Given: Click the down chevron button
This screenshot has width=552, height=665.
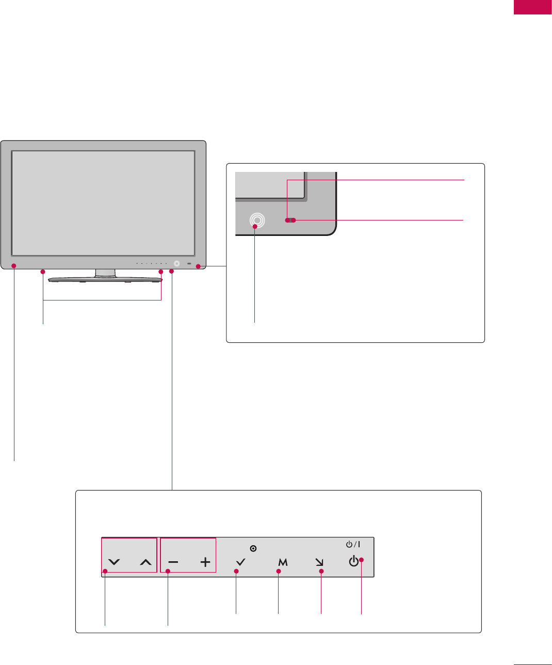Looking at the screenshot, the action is coord(115,562).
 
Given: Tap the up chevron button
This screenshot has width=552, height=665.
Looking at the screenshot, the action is coord(146,562).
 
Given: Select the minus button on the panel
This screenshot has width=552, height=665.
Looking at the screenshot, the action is coord(174,562).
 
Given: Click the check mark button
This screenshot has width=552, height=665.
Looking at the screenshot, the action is coord(240,562).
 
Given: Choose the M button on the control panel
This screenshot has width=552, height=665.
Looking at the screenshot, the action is coord(282,562).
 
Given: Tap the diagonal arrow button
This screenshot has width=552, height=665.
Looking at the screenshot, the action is coord(319,562).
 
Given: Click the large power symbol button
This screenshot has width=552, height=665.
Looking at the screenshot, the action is coord(353,561).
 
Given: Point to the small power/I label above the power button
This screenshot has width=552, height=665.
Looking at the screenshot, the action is coord(353,544).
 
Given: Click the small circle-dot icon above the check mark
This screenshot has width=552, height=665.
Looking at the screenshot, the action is coord(253,548).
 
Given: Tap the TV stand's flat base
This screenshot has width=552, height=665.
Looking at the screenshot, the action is coord(105,280).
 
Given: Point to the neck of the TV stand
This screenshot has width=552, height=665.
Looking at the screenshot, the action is coord(105,273).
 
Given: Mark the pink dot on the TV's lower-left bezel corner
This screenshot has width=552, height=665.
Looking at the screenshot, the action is coord(14,266).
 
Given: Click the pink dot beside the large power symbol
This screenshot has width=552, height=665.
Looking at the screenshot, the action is coord(362,560).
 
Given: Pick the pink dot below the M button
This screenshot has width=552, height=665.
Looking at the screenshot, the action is coord(279,571).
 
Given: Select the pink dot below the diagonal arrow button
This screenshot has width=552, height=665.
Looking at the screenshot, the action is coord(321,571).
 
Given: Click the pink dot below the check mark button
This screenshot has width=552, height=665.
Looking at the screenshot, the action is coord(236,571).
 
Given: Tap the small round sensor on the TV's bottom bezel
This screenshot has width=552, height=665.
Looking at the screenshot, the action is coord(177,263).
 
